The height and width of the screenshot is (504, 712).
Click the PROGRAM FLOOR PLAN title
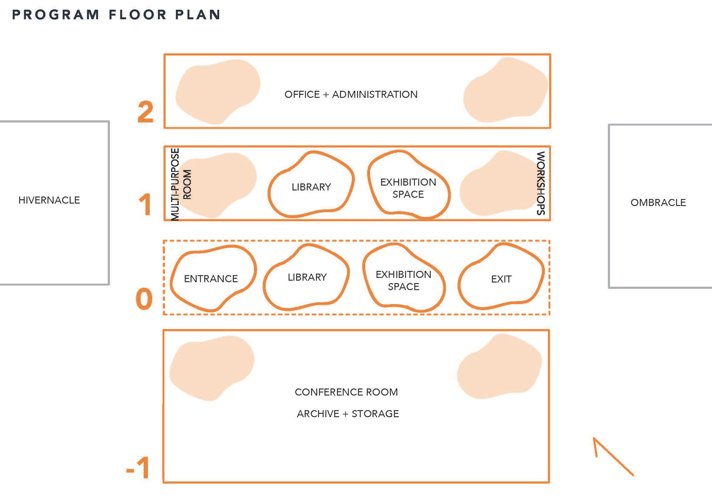click(x=116, y=15)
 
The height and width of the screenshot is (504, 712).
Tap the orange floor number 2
click(x=145, y=112)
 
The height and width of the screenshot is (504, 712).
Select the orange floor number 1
click(x=145, y=204)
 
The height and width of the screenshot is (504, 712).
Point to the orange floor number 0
click(x=144, y=299)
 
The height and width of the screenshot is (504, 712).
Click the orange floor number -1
click(x=138, y=468)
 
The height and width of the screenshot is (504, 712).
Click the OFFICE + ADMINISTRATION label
click(x=351, y=95)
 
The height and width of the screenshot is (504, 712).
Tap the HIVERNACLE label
click(x=49, y=200)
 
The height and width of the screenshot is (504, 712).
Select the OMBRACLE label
click(x=658, y=203)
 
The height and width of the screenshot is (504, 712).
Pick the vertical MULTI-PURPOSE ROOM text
click(x=181, y=184)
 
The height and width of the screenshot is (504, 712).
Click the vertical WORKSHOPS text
click(x=541, y=183)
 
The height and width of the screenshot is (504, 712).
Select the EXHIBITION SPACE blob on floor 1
click(x=408, y=188)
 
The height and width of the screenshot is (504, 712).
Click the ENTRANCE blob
click(x=211, y=279)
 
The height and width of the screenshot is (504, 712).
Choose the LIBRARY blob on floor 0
click(x=307, y=278)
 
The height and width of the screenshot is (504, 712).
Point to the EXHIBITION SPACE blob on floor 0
click(x=403, y=280)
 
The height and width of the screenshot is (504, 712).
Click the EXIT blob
click(x=501, y=279)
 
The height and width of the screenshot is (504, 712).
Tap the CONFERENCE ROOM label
click(x=346, y=392)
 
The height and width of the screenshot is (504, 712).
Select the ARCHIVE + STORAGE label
click(x=348, y=414)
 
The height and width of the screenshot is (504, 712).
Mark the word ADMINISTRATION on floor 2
click(x=375, y=95)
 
